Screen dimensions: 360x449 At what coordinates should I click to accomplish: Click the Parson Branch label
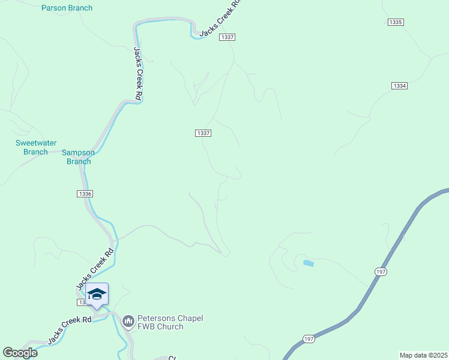tap(67, 8)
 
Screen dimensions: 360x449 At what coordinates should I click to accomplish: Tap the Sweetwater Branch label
tap(35, 147)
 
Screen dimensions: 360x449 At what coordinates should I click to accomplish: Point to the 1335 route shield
tap(395, 22)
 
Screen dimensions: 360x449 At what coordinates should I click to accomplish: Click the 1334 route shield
tap(400, 86)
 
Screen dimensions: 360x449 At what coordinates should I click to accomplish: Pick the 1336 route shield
tap(85, 193)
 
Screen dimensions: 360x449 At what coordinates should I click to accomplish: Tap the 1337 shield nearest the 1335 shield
tap(227, 37)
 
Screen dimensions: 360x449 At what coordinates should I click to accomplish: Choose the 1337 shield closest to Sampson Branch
tap(203, 133)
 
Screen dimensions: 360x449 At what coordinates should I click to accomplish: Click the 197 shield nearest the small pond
tap(381, 272)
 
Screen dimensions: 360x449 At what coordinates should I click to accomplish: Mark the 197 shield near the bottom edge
tap(308, 338)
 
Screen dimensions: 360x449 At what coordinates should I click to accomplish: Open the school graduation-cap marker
tap(97, 294)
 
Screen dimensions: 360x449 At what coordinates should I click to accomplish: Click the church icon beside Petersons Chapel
tap(128, 322)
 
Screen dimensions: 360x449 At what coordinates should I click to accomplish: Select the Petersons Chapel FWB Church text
tap(161, 322)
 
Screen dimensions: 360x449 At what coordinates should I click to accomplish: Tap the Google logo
tap(20, 353)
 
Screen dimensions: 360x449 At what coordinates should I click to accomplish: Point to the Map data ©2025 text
tap(423, 355)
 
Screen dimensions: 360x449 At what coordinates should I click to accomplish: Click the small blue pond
tap(309, 263)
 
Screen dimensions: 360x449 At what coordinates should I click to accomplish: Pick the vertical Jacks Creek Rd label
tap(137, 73)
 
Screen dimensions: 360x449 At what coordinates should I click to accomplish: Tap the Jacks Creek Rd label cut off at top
tap(220, 18)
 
